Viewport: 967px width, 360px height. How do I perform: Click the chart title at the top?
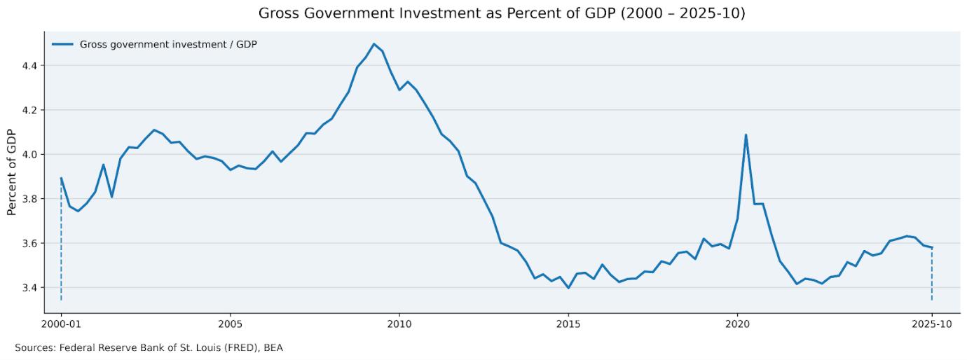coord(502,13)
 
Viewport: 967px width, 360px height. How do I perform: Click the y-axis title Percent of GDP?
coord(12,172)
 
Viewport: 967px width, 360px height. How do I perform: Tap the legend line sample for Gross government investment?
coord(62,44)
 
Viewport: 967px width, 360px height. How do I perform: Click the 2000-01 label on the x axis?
coord(61,325)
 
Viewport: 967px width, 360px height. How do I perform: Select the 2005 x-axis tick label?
coord(231,325)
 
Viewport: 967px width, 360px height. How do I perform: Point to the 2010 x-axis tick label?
coord(399,325)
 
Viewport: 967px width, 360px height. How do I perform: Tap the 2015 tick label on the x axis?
coord(568,325)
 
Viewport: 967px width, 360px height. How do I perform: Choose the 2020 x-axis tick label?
coord(737,325)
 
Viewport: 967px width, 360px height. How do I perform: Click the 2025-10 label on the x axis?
coord(932,325)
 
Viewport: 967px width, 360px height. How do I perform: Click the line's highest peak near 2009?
coord(373,44)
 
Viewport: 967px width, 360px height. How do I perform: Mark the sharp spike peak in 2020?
coord(746,134)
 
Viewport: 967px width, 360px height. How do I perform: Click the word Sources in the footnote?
coord(34,347)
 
